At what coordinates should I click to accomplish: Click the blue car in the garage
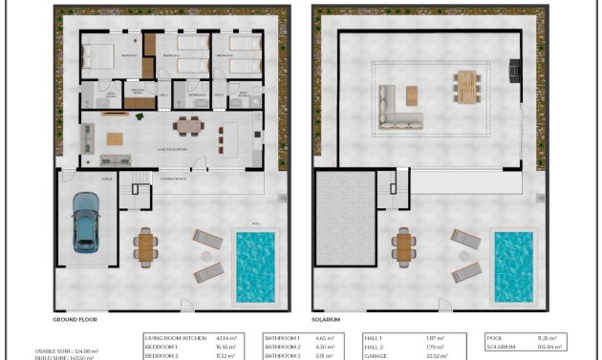tap(86, 222)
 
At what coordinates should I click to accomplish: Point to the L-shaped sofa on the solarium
tap(395, 107)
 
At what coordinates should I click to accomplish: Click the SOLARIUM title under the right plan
tap(326, 321)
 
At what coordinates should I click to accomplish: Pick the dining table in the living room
tap(188, 126)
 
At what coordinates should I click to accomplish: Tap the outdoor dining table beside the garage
tap(145, 246)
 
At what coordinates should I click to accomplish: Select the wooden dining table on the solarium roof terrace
tap(465, 86)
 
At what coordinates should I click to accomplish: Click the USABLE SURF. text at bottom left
tap(54, 349)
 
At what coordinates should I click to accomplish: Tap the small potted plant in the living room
tap(140, 116)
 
